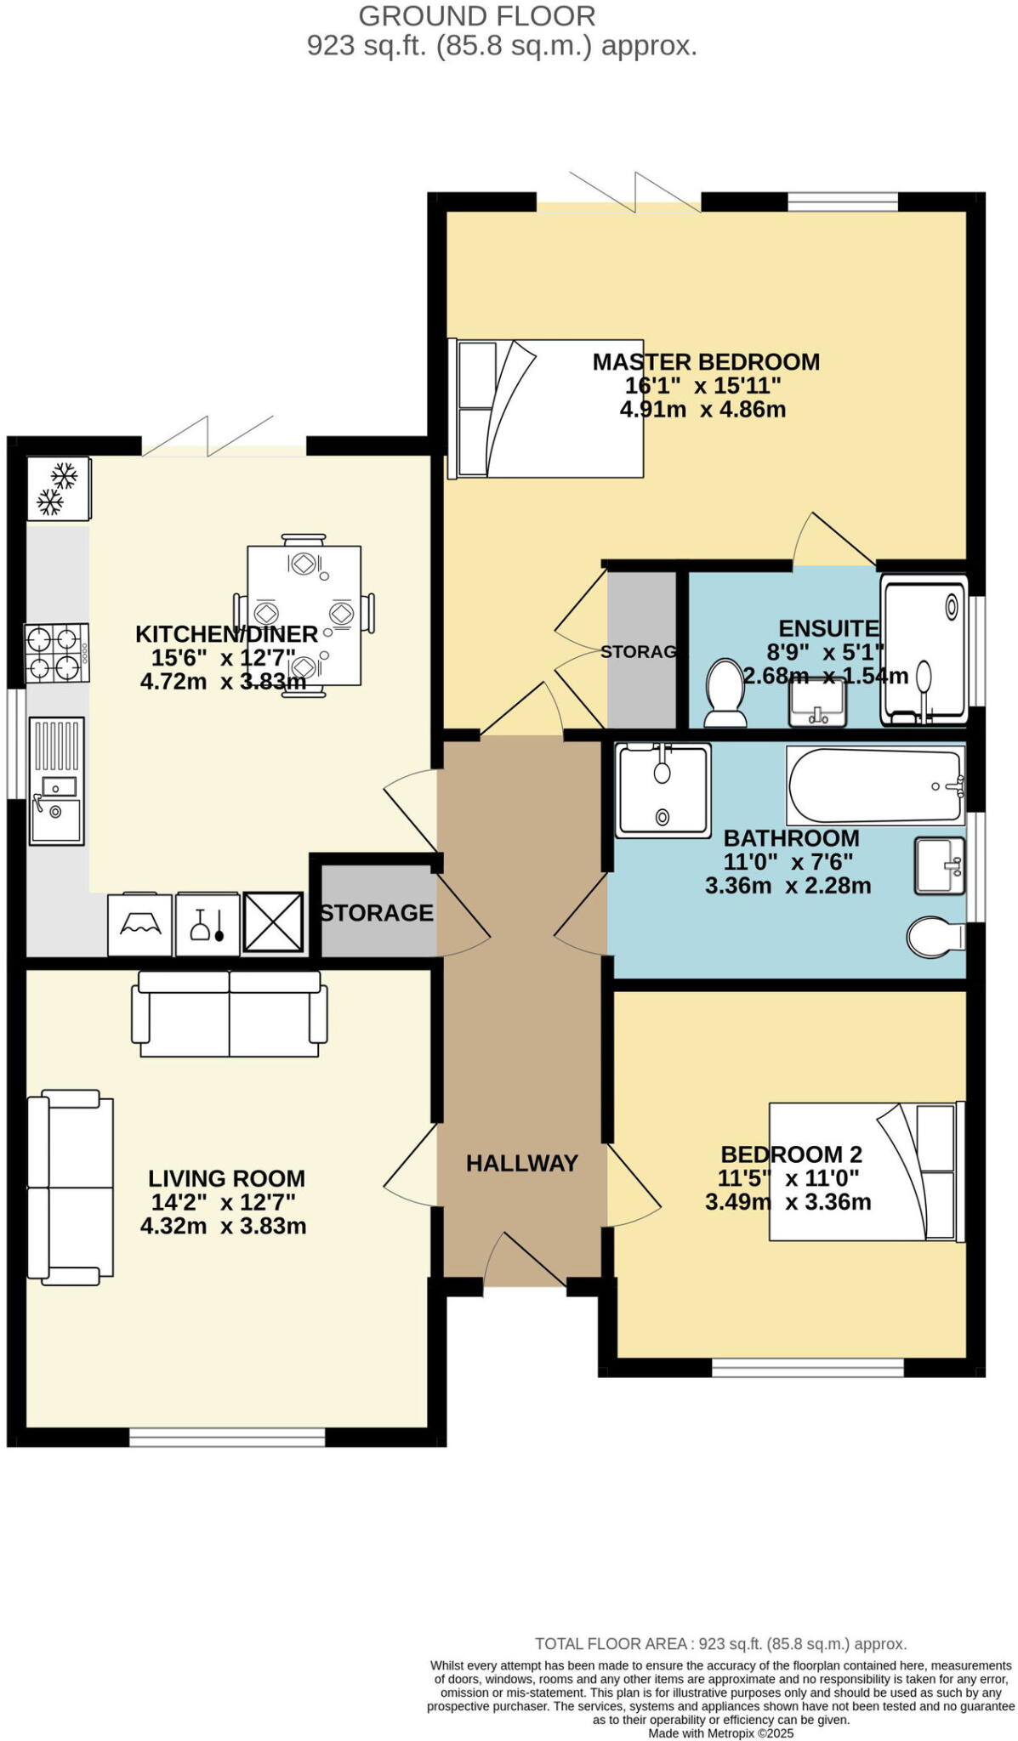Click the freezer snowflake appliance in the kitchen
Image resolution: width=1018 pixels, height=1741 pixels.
tap(58, 489)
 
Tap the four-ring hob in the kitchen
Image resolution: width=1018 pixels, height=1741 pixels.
tap(57, 653)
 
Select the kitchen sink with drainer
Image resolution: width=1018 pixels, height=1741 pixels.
tap(57, 781)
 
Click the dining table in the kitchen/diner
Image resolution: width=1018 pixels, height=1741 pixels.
tap(304, 615)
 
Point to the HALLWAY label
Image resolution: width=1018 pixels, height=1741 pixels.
tap(522, 1164)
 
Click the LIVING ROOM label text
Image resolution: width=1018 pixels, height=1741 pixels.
tap(226, 1179)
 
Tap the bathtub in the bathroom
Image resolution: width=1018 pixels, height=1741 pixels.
tap(876, 785)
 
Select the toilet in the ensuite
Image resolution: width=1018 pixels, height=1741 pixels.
tap(725, 693)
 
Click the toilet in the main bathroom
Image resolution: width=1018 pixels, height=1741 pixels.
tap(936, 937)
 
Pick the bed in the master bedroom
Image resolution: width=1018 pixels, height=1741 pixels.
tap(546, 408)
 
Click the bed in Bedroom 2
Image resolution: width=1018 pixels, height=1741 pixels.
tap(863, 1171)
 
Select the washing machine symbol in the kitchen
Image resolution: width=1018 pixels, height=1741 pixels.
tap(140, 923)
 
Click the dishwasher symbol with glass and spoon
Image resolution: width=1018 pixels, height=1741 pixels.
tap(208, 924)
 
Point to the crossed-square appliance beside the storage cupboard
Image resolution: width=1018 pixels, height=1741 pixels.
tap(273, 922)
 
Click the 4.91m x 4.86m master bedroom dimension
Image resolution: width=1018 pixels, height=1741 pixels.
tap(702, 410)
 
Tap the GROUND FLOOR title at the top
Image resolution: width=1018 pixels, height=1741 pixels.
tap(477, 16)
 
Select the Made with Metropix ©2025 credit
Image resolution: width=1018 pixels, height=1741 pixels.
tap(721, 1732)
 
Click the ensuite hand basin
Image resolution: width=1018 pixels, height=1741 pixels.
tap(816, 702)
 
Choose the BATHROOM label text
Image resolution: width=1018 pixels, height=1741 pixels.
tap(791, 838)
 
